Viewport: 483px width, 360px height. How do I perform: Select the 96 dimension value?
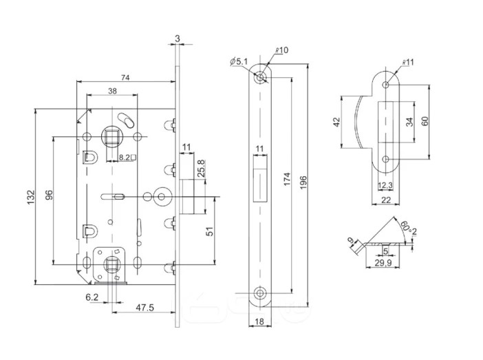[49, 195]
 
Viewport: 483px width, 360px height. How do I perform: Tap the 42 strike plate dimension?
[336, 122]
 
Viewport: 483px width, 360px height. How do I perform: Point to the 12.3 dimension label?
[385, 185]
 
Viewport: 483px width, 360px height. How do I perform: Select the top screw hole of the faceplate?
[260, 78]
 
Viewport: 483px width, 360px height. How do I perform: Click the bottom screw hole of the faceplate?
[260, 292]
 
